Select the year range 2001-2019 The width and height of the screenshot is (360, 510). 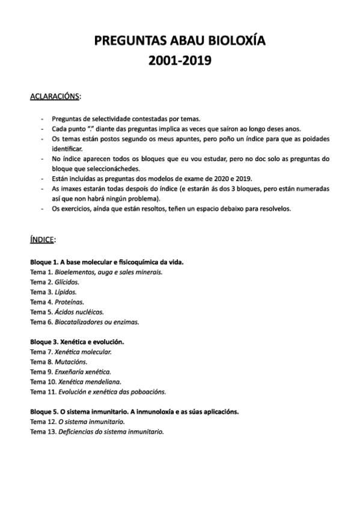coord(180,61)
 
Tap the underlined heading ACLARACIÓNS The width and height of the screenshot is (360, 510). coord(55,96)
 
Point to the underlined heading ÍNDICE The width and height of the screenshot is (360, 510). coord(43,239)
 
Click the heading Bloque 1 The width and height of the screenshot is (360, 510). coord(106,262)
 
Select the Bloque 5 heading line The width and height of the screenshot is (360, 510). coord(134,412)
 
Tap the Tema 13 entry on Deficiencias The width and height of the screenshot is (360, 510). coord(97,432)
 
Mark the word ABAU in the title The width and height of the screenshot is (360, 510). coord(185,41)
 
